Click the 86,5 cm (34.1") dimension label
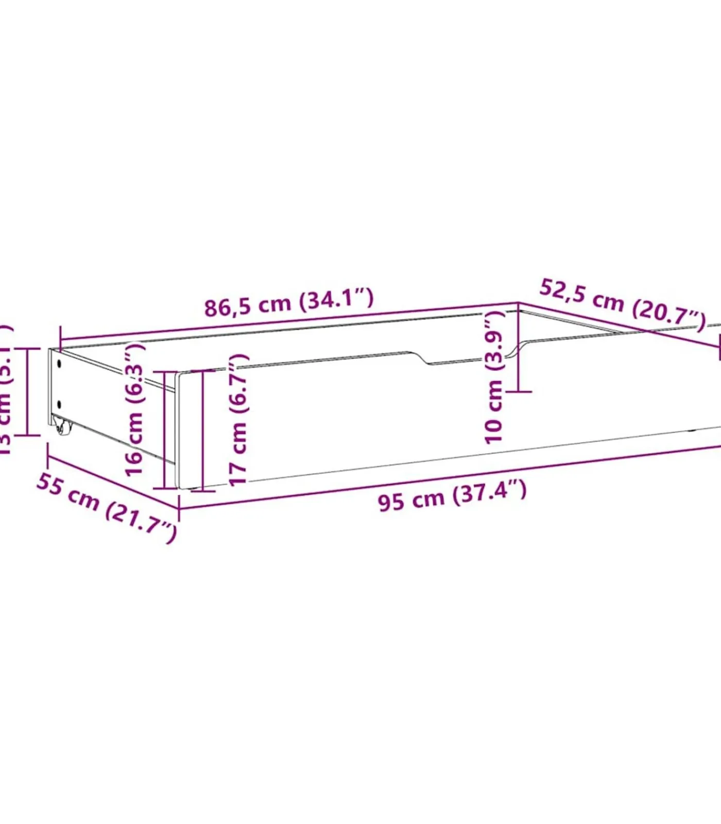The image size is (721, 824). pyautogui.click(x=289, y=303)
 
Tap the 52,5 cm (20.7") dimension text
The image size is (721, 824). pyautogui.click(x=622, y=304)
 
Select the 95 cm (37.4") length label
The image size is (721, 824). pyautogui.click(x=452, y=496)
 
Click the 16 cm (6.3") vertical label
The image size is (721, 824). pyautogui.click(x=135, y=409)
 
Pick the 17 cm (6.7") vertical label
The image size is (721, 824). pyautogui.click(x=238, y=420)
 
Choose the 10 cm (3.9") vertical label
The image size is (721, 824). pyautogui.click(x=494, y=377)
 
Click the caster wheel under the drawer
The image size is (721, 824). pyautogui.click(x=61, y=427)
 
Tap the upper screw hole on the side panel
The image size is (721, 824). pyautogui.click(x=60, y=364)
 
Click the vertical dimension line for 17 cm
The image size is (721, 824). pyautogui.click(x=203, y=430)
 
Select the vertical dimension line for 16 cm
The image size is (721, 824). pyautogui.click(x=165, y=430)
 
